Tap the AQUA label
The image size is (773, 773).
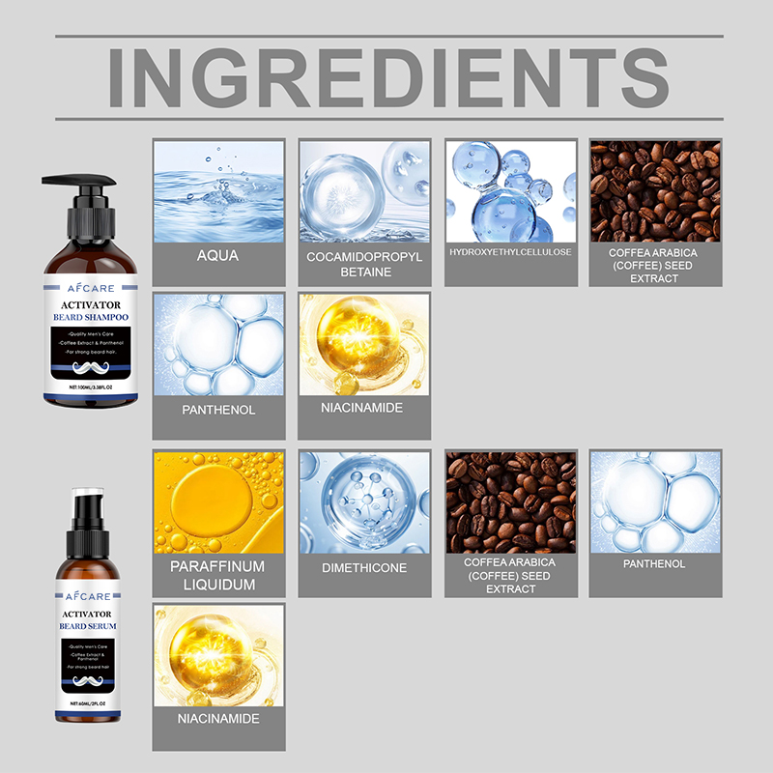tap(217, 256)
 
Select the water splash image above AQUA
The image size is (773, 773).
tap(218, 190)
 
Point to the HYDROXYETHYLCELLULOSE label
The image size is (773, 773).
tap(510, 252)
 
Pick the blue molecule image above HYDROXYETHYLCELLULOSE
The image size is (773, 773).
tap(510, 190)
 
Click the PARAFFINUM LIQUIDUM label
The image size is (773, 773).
tap(218, 574)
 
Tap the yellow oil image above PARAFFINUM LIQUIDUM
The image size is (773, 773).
tap(218, 501)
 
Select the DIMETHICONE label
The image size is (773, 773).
tap(364, 568)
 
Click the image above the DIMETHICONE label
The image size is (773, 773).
tap(364, 501)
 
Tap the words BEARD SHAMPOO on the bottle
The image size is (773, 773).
tap(93, 316)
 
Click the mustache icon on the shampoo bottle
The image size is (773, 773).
tap(94, 368)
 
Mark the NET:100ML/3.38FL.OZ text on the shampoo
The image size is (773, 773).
tap(93, 386)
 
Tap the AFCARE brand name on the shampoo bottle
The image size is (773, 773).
tap(93, 285)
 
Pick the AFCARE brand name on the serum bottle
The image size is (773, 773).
tap(90, 595)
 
